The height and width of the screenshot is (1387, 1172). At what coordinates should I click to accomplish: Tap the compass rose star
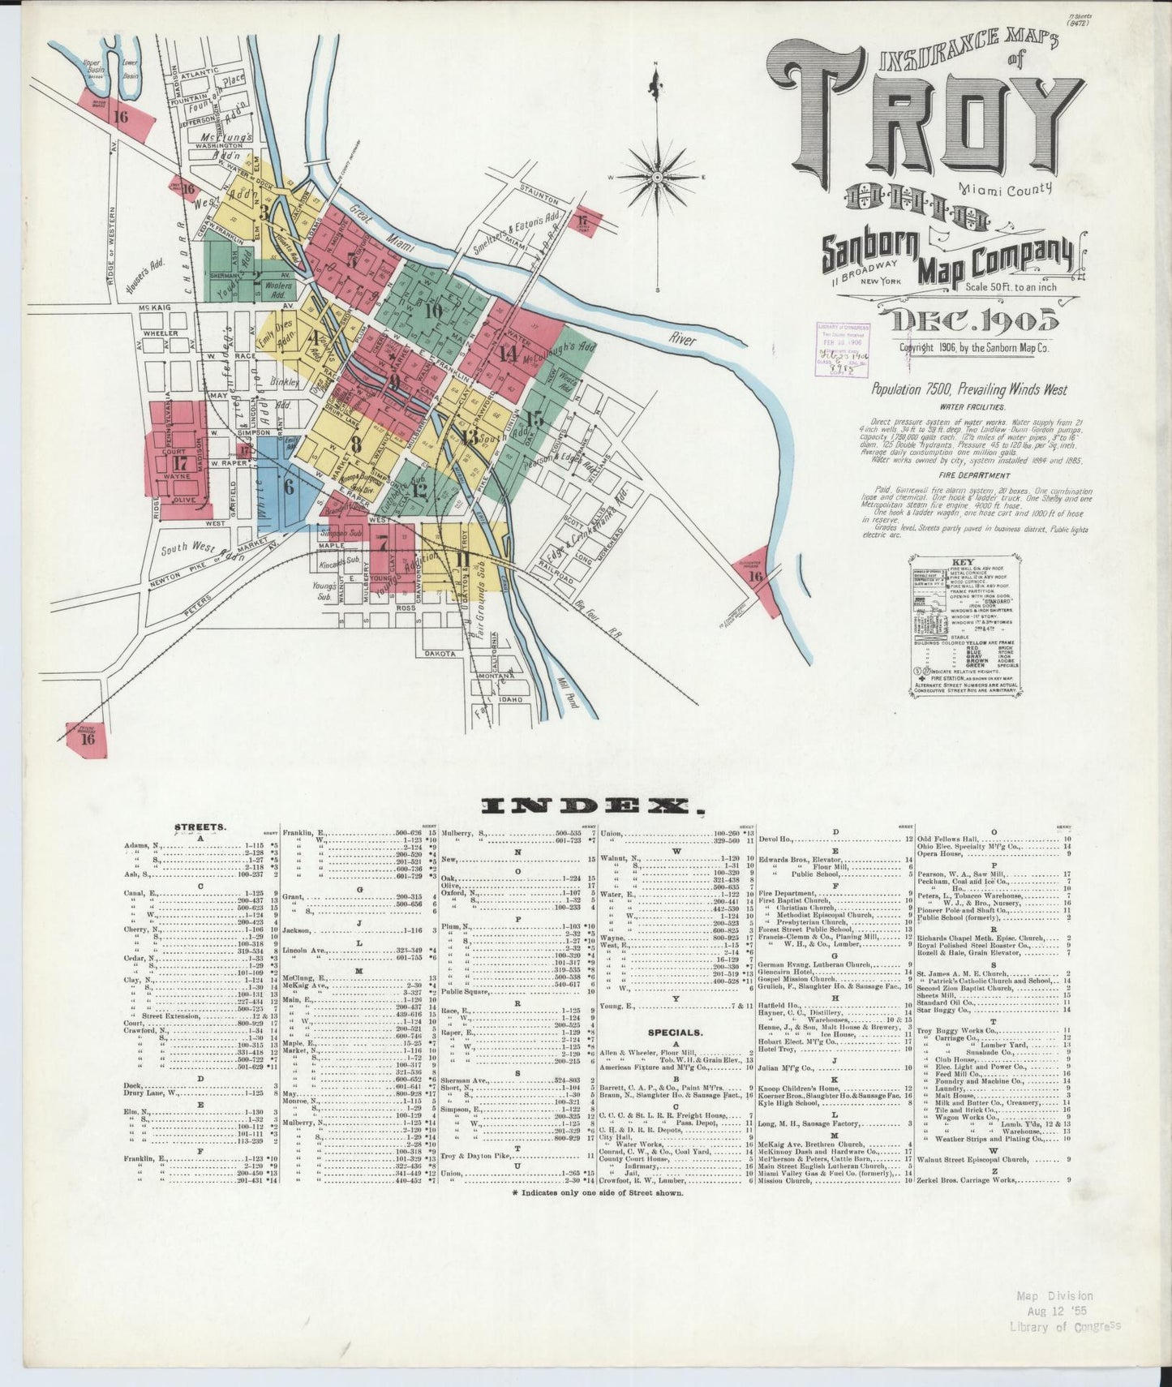point(658,174)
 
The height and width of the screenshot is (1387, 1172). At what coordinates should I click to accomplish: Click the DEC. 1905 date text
point(973,321)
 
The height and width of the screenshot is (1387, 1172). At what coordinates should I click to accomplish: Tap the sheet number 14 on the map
point(509,353)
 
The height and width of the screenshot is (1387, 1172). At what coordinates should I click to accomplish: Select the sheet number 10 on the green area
point(433,310)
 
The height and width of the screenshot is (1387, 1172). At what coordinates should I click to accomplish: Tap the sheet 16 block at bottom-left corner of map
point(88,739)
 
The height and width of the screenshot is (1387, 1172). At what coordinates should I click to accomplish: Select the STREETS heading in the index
point(200,827)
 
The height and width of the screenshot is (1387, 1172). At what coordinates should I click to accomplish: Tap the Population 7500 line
point(968,390)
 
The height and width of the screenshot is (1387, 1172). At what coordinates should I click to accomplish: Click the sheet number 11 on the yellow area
point(462,559)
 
